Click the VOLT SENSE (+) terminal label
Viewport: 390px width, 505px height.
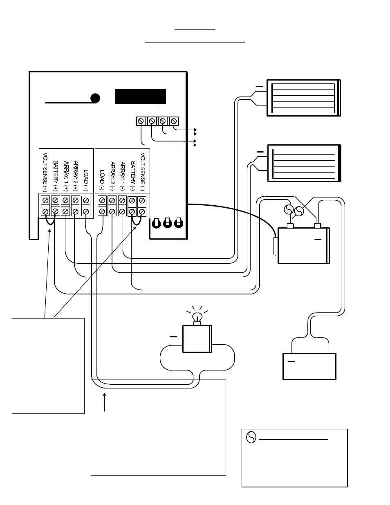tap(45, 172)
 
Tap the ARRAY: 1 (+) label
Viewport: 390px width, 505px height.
tap(66, 176)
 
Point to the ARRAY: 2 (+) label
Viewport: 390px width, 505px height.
tap(76, 176)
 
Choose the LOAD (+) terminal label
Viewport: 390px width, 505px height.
tap(86, 180)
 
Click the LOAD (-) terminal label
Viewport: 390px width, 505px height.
tap(102, 180)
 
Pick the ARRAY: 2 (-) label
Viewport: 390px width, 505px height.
tap(112, 176)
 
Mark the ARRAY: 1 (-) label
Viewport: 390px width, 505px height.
tap(122, 176)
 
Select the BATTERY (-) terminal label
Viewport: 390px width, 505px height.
tap(132, 176)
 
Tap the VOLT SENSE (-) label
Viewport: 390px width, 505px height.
tap(143, 172)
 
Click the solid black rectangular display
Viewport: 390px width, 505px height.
tap(140, 97)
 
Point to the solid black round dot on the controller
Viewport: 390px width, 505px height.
tap(95, 98)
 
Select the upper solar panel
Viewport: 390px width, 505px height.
tap(304, 98)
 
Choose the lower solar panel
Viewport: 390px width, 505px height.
tap(304, 163)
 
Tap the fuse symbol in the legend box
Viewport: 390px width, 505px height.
tap(251, 437)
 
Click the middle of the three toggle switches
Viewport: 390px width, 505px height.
tap(168, 222)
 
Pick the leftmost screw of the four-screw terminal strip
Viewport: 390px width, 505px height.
tap(141, 121)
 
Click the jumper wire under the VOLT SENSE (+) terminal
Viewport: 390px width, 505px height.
tap(50, 222)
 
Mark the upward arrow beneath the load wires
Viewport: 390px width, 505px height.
tap(105, 402)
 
